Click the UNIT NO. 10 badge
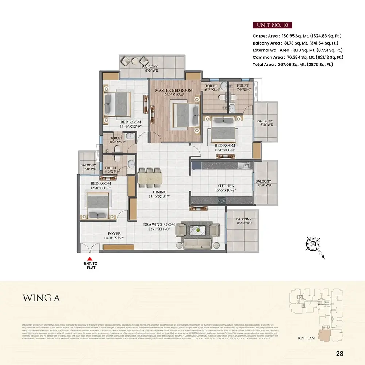click(272, 25)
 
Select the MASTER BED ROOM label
click(174, 90)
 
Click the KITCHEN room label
click(226, 186)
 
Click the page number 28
click(339, 353)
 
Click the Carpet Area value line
click(297, 36)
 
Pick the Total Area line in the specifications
click(293, 64)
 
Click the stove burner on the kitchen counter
click(221, 200)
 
